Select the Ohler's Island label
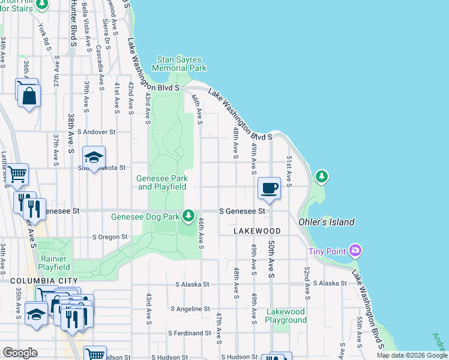(326, 222)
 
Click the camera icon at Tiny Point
(355, 250)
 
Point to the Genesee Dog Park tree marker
(188, 215)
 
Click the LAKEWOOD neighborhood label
(257, 231)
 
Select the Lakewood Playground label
(286, 316)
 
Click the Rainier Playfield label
(54, 263)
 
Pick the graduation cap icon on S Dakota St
(94, 157)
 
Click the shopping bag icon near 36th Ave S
(29, 95)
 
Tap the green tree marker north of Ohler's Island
(322, 176)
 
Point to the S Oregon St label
(110, 237)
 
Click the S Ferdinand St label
(188, 332)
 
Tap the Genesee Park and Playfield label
(162, 182)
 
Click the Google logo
(20, 353)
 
